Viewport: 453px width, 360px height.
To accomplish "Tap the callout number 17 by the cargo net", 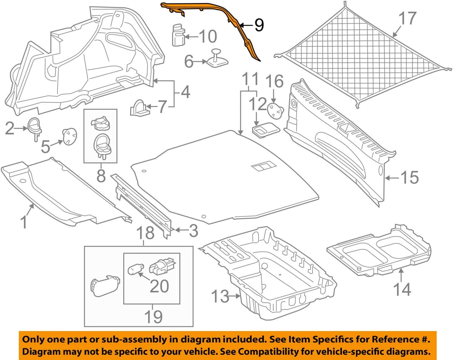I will coord(407,18).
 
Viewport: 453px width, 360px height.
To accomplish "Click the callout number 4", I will coord(185,92).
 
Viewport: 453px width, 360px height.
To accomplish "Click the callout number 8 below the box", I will coord(101,176).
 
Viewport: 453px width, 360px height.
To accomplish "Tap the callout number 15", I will coord(409,177).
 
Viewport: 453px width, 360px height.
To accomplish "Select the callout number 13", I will coord(220,296).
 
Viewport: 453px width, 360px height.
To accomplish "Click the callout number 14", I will coord(402,289).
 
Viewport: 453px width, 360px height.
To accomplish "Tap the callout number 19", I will coord(153,317).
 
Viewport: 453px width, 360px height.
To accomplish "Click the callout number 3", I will coord(193,231).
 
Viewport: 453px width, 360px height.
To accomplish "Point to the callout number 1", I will coord(24,222).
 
